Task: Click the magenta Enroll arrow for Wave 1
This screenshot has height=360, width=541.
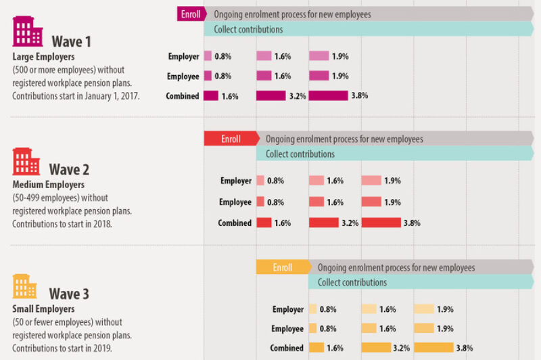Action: pos(191,14)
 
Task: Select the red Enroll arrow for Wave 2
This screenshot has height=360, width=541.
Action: pos(231,139)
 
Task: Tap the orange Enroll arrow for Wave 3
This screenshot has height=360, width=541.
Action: pos(282,267)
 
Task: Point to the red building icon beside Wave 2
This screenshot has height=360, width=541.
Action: pos(26,161)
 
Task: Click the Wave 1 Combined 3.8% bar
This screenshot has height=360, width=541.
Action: pos(329,96)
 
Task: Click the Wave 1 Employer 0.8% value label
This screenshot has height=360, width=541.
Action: pos(225,57)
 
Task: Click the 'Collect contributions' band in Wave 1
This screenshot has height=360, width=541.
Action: pos(372,29)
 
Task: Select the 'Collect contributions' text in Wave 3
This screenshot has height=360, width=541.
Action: pos(352,282)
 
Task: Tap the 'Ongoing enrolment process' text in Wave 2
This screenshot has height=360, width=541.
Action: pos(344,139)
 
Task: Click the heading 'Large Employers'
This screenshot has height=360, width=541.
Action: pos(43,57)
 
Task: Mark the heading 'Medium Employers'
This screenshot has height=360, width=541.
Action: pos(48,184)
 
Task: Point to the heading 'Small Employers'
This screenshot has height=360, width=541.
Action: pos(42,309)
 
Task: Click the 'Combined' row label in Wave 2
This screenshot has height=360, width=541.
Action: pos(235,223)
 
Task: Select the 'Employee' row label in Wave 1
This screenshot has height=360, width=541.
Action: pos(183,76)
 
